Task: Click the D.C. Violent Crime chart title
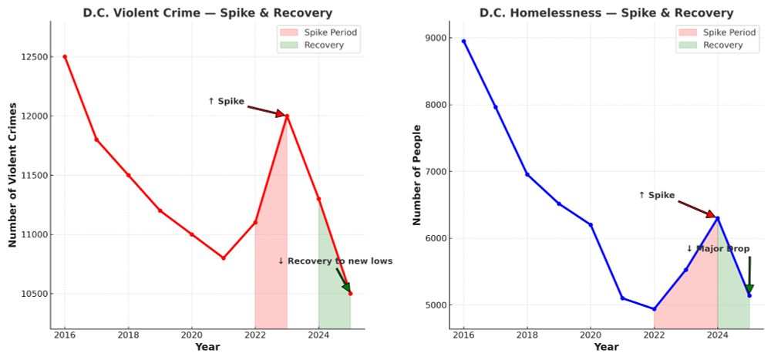coord(207,13)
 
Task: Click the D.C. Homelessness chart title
coord(606,13)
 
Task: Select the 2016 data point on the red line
coord(65,56)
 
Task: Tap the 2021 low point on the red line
coord(224,258)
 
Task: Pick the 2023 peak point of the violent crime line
coord(287,116)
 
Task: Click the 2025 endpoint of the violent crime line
coord(350,294)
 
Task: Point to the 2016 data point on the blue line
coord(463,41)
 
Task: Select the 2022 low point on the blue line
coord(654,309)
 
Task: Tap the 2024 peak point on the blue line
coord(718,218)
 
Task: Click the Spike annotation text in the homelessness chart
coord(657,195)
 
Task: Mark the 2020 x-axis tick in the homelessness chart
coord(591,335)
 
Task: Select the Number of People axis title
coord(416,175)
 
